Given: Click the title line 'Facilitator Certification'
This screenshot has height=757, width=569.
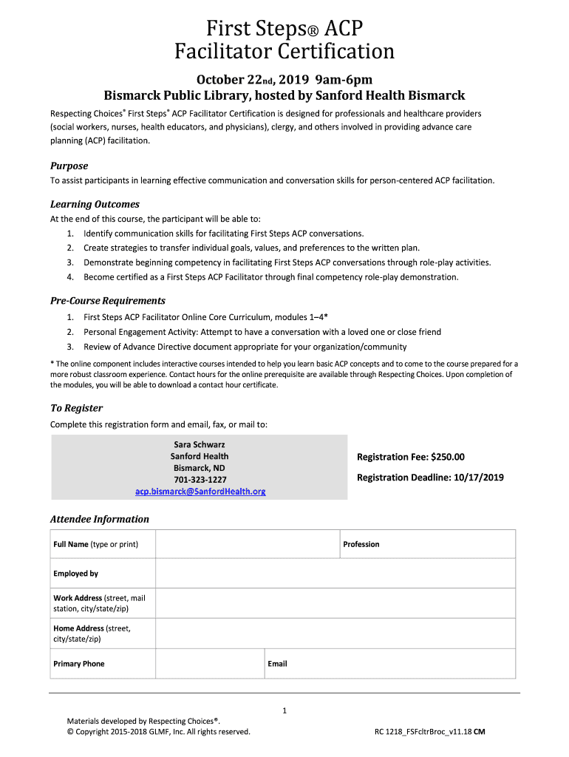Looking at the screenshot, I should point(284,51).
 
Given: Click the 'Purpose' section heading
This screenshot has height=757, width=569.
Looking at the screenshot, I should point(69,166).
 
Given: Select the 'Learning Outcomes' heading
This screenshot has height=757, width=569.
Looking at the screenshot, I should point(95,204).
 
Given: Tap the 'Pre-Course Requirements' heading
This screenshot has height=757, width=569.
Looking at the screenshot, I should point(107,301).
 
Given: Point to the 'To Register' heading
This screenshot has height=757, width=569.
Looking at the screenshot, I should point(76,408).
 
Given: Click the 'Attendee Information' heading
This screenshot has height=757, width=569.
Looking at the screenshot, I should point(99,519).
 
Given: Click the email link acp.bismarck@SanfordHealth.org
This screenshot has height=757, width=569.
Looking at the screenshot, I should point(200,492).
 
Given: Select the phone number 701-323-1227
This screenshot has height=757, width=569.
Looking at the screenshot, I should point(200,480).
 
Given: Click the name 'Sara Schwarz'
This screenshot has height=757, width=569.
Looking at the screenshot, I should point(200,444).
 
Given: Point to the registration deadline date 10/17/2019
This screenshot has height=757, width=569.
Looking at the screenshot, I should point(477,478).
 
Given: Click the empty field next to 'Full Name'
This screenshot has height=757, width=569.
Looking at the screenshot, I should point(247,544).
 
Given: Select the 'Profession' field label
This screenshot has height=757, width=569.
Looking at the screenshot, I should point(361,544).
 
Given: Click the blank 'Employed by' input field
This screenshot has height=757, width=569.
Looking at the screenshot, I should point(335,574).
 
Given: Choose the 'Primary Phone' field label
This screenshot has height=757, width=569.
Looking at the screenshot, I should point(79,664).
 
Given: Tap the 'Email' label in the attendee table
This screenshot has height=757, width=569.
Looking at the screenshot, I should point(278,664).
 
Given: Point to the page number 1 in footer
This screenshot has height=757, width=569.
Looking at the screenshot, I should point(284,711).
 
